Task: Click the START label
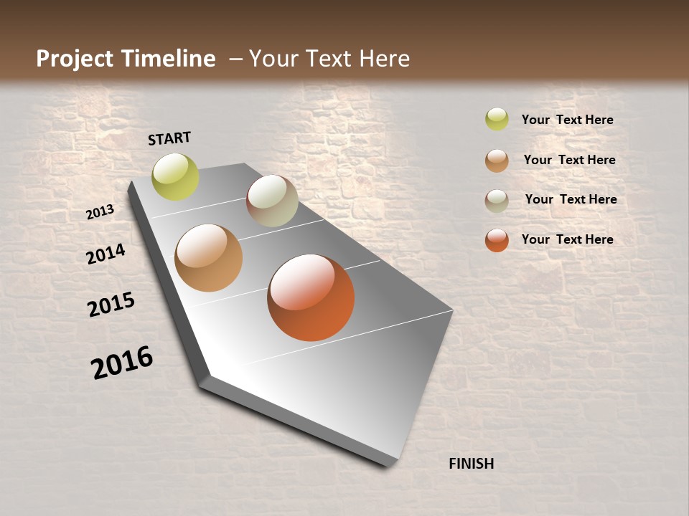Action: [169, 138]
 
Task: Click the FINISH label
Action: [471, 464]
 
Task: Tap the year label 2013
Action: [100, 212]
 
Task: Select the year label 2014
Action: [106, 254]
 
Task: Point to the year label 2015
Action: [111, 305]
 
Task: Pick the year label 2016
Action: [122, 363]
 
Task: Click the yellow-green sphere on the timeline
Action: [175, 176]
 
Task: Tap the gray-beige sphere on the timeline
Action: [272, 201]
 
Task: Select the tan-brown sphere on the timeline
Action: [208, 258]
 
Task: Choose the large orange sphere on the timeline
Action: [311, 297]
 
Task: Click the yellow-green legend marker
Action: [497, 120]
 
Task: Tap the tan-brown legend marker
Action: [497, 161]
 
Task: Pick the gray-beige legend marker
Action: [497, 201]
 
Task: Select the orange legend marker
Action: [497, 240]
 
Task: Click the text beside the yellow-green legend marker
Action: [567, 120]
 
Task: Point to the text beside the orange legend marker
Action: [567, 239]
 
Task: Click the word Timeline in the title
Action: [168, 59]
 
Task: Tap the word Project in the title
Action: [75, 59]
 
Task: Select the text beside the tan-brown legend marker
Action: [569, 160]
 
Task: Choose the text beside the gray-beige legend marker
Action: [571, 199]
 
